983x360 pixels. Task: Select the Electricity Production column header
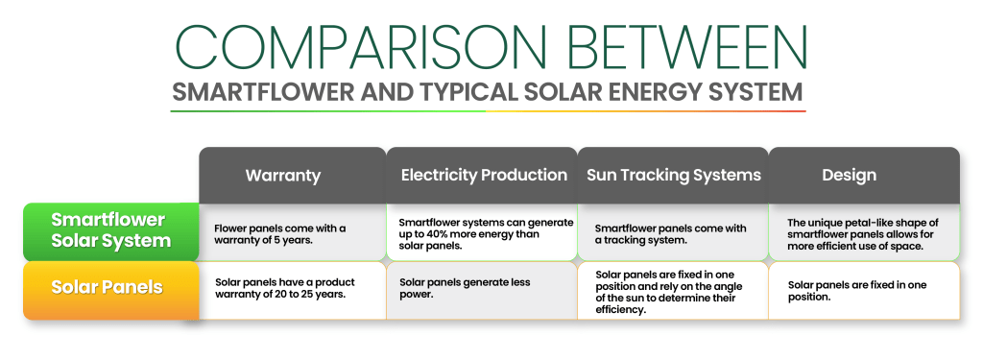point(483,176)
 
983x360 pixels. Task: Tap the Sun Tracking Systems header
point(674,176)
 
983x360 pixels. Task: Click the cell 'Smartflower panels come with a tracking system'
point(672,233)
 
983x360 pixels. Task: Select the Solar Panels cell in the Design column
point(863,290)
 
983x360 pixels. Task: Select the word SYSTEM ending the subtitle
point(757,93)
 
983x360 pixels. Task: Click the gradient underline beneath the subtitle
point(488,111)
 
